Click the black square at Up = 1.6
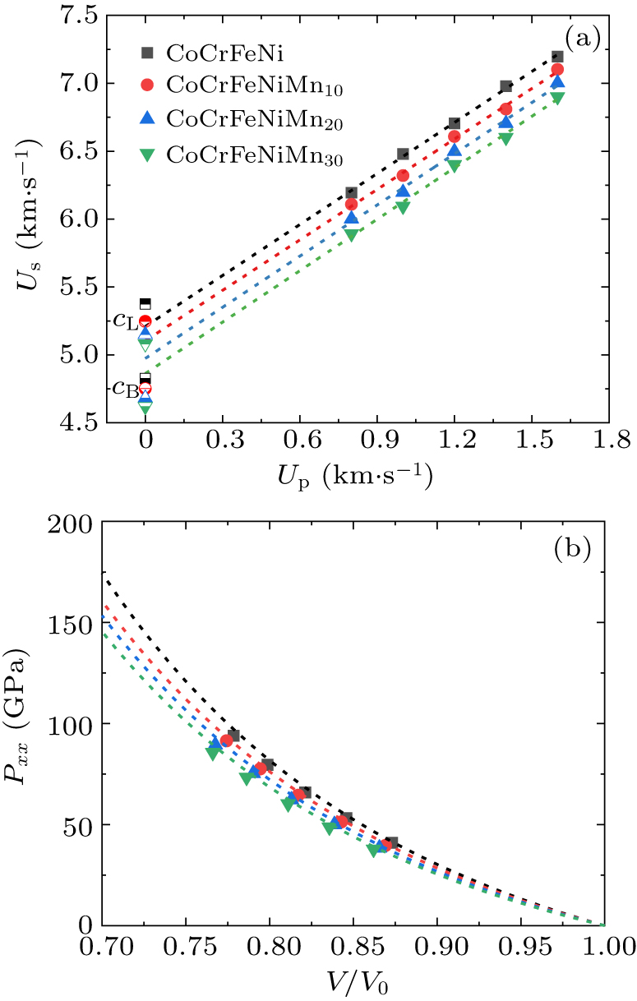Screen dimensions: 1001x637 pos(557,57)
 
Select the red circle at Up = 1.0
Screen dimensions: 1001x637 pos(403,175)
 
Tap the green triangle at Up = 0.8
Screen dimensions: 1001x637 pos(351,234)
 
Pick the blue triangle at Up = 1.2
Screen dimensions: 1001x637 pos(455,150)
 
